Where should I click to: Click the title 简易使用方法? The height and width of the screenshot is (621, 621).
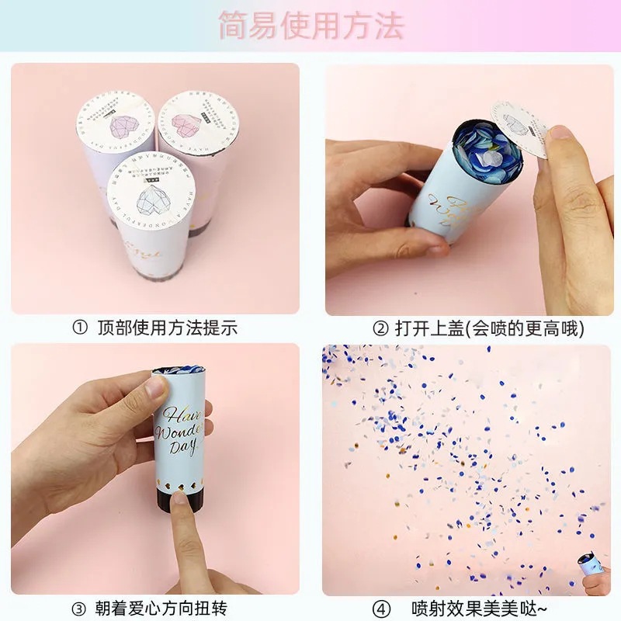tap(310, 26)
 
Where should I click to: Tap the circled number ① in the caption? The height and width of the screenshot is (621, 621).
tap(80, 328)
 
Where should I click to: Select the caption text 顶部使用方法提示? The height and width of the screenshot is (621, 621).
tap(167, 328)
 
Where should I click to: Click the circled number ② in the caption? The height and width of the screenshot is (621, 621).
tap(380, 328)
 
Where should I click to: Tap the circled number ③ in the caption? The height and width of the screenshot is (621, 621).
tap(80, 607)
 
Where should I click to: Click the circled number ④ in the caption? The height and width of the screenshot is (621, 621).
tap(380, 607)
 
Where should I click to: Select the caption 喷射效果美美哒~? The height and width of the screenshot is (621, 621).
tap(480, 607)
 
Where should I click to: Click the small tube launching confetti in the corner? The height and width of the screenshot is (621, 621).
tap(592, 569)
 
